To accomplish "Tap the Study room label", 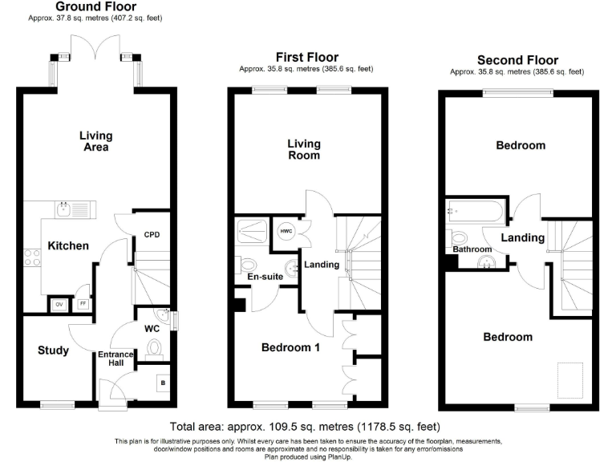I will coord(53,350).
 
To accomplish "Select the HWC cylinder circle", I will coord(286,231).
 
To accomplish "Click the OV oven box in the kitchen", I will coord(59,304).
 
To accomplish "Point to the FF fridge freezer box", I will coord(83,304).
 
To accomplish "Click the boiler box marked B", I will coord(164,382).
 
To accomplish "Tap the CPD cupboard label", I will coord(152,235).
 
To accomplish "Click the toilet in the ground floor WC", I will coord(155,347).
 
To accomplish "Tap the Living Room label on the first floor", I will coord(304,149).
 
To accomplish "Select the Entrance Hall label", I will coord(115,359).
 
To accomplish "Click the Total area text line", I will coord(305,427).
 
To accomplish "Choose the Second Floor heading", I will coord(517,59).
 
